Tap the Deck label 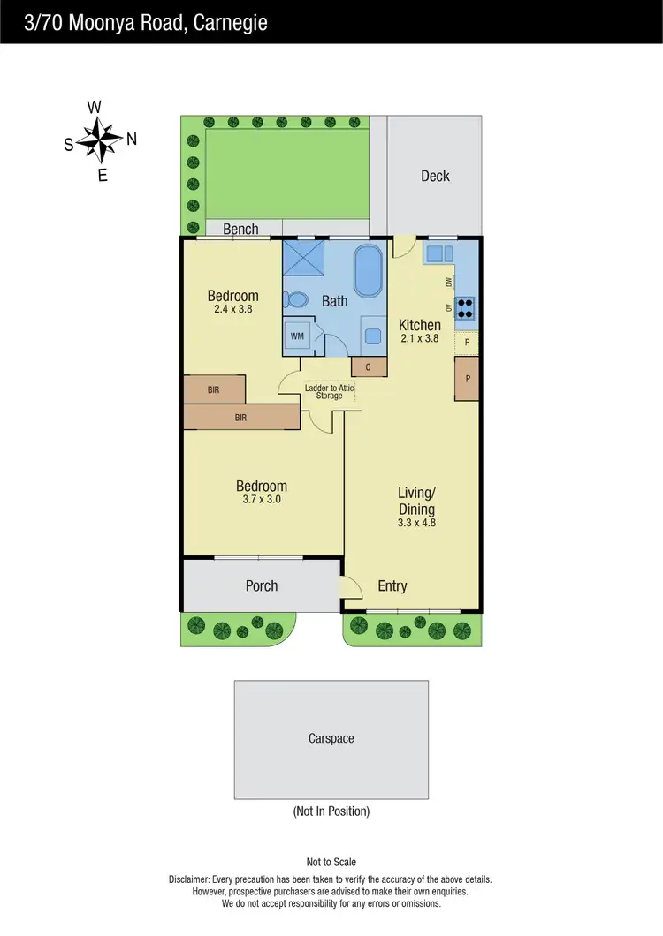coord(435,176)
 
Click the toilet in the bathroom coord(296,300)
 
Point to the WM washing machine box coord(297,336)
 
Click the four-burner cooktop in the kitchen coord(466,306)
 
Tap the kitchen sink coord(438,254)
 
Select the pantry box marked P coord(468,378)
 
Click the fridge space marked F coord(467,341)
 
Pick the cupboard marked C coord(369,366)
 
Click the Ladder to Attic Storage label coord(329,391)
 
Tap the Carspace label coord(331,738)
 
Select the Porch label coord(262,585)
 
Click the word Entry coord(392,585)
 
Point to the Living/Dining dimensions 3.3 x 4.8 coord(416,523)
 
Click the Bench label coord(240,230)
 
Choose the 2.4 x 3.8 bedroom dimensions coord(233,310)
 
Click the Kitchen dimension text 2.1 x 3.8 coord(419,338)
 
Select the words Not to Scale coord(331,862)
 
